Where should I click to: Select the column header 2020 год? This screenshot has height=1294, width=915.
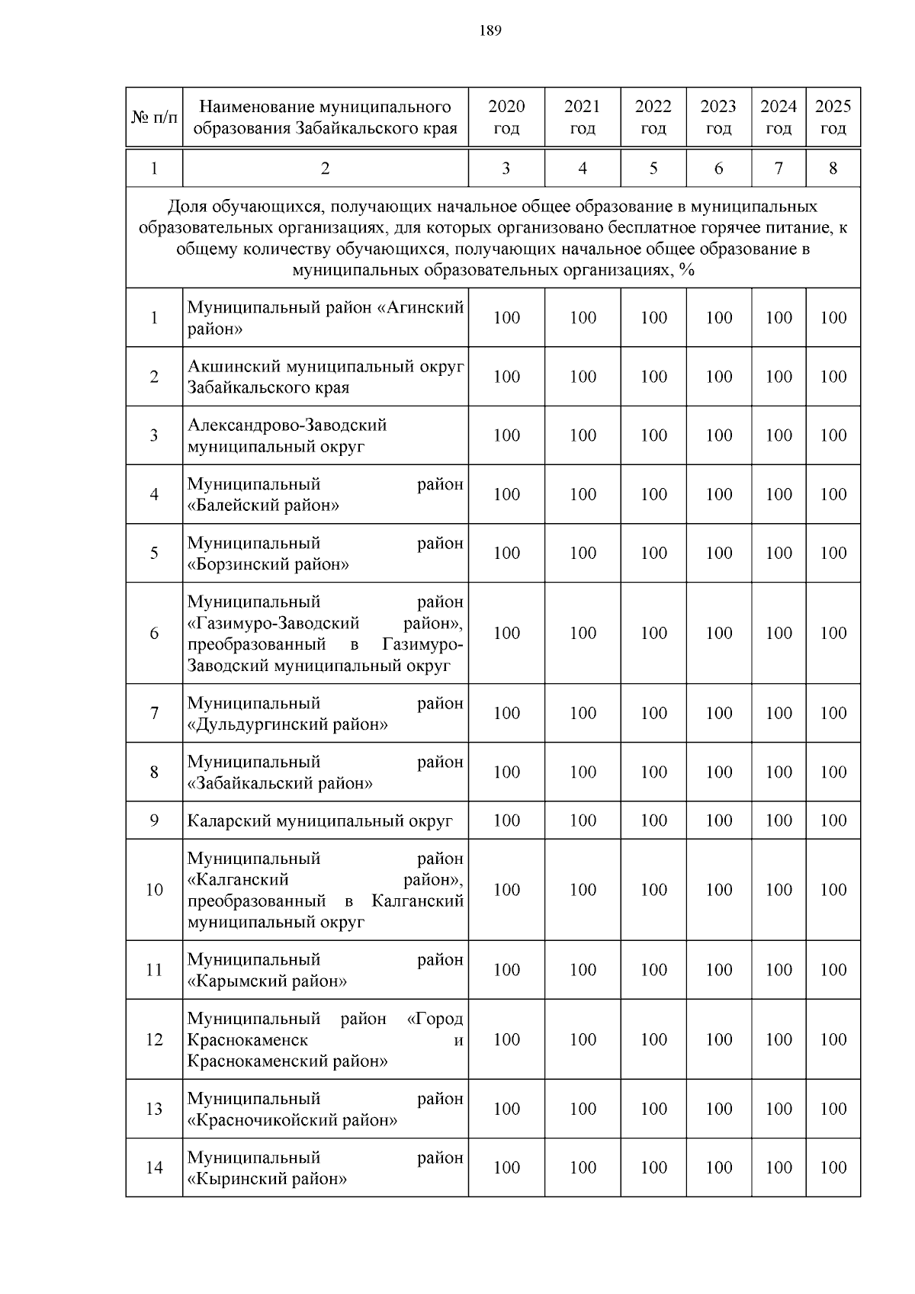coord(506,117)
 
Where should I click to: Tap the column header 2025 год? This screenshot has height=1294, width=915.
coord(833,117)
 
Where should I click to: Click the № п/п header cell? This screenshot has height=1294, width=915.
coord(154,117)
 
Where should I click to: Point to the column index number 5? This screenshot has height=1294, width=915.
coord(653,169)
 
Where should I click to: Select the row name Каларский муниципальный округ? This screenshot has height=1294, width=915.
coord(320,821)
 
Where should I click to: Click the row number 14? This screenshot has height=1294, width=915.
coord(154,1167)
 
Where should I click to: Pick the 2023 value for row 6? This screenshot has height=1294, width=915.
coord(719,633)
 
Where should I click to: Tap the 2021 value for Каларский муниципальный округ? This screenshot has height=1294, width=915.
coord(583,820)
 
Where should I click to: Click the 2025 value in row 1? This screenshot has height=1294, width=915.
coord(833,318)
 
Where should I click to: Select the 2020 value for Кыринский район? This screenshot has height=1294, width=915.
coord(506,1167)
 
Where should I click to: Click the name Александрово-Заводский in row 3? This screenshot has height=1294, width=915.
coord(287,425)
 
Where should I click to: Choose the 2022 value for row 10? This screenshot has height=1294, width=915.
coord(653,890)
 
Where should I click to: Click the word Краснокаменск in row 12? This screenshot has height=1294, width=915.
coord(248,1040)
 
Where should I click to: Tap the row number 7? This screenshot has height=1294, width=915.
coord(154,713)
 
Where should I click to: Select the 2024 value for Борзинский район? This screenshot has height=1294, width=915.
coord(779,553)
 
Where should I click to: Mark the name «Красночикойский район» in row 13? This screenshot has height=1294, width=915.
coord(292,1120)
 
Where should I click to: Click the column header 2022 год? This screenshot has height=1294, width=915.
coord(653,117)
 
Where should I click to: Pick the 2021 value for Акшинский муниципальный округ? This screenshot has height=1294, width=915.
coord(583,377)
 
